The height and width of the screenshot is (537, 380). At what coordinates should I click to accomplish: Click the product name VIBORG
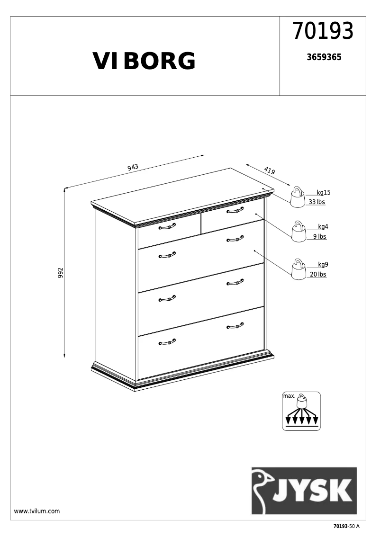click(x=144, y=61)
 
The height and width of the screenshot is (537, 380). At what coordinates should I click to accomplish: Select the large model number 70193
click(x=323, y=31)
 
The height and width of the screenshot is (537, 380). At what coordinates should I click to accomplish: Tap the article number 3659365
click(x=324, y=57)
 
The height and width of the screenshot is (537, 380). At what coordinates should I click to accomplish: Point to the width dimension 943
click(x=133, y=167)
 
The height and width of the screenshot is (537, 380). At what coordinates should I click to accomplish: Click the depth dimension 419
click(x=270, y=171)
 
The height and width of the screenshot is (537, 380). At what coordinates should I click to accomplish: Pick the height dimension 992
click(x=61, y=273)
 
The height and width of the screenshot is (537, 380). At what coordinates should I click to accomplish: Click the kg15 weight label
click(x=324, y=193)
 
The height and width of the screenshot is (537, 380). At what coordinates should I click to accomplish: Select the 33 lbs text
click(x=317, y=202)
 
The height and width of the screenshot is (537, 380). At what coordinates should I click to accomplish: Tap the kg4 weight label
click(x=323, y=227)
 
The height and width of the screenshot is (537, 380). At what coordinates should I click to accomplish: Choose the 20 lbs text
click(x=318, y=275)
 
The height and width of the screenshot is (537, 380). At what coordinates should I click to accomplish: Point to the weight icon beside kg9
click(x=299, y=269)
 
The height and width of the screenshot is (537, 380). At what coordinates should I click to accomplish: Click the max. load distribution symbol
click(x=301, y=411)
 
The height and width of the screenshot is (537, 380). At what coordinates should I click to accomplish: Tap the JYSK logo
click(x=304, y=491)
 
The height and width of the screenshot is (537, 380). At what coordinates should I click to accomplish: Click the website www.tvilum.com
click(x=37, y=511)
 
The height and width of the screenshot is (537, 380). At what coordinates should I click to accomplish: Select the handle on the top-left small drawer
click(x=167, y=227)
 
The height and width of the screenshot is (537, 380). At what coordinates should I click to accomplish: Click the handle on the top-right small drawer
click(x=235, y=210)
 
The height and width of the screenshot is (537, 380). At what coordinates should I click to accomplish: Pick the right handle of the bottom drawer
click(x=235, y=325)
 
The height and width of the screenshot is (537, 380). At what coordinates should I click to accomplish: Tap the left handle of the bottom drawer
click(x=167, y=342)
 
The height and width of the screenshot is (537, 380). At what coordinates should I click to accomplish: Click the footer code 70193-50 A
click(x=346, y=527)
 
